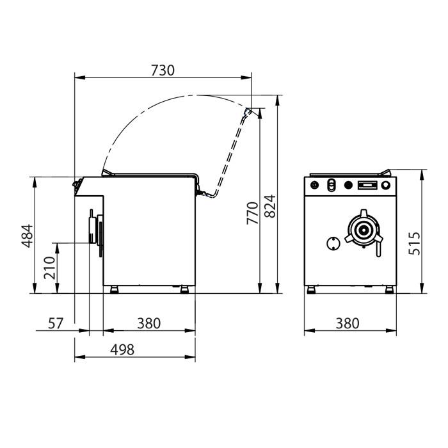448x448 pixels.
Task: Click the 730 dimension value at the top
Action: pyautogui.click(x=163, y=70)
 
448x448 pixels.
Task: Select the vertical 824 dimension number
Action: pyautogui.click(x=269, y=206)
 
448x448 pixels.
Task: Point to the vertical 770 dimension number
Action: pyautogui.click(x=252, y=213)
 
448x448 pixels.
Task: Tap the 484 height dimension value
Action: pyautogui.click(x=27, y=236)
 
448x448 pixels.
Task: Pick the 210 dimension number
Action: pyautogui.click(x=49, y=268)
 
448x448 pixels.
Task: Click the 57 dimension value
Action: pyautogui.click(x=56, y=323)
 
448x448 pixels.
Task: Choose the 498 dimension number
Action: pyautogui.click(x=122, y=349)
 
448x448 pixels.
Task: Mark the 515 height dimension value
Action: pyautogui.click(x=414, y=243)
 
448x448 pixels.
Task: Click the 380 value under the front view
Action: pyautogui.click(x=348, y=323)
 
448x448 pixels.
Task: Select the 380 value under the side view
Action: pyautogui.click(x=149, y=323)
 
